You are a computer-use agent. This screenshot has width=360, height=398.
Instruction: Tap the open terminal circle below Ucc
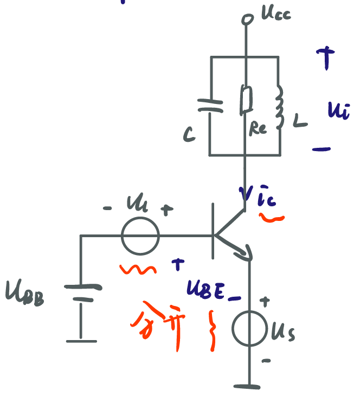click(x=247, y=20)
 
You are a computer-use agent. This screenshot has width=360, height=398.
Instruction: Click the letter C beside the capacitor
click(x=189, y=134)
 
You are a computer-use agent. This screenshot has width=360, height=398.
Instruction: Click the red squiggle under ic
click(x=272, y=218)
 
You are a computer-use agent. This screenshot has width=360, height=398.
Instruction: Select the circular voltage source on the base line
click(x=140, y=236)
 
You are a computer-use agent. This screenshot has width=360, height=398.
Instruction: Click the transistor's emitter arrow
click(x=245, y=252)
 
